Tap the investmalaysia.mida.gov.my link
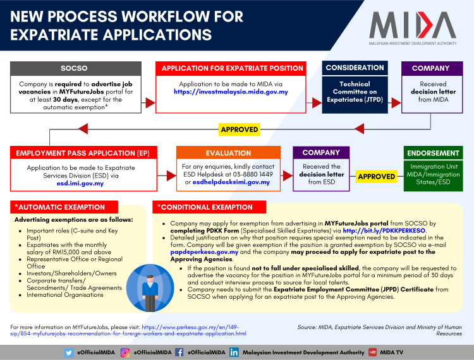coord(231,92)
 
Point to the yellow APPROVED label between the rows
coord(239,129)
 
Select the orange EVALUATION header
coord(228,153)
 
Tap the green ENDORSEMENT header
coord(434,153)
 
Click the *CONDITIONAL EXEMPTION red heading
coord(209,207)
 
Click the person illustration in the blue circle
coord(150,288)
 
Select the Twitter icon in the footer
coord(69,352)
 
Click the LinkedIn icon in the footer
coord(234,352)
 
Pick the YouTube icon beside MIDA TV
coord(374,352)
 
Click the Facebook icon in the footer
coord(179,352)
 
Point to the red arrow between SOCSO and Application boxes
coord(150,101)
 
